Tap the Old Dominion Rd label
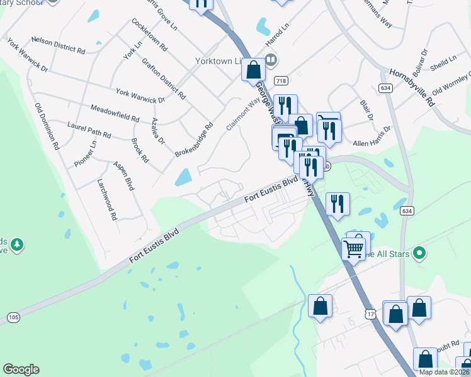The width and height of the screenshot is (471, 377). coord(47,126)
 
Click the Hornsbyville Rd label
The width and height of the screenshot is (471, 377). coord(412,85)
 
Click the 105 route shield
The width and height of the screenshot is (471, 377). coord(13,318)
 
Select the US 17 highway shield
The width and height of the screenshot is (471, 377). coord(370,312)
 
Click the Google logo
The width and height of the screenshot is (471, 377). coord(21,369)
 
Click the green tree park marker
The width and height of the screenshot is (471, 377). coord(18,244)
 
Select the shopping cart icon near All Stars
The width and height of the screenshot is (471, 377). coord(353,249)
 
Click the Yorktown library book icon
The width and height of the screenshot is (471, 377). coord(270,61)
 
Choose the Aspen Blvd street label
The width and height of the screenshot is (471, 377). coord(123,175)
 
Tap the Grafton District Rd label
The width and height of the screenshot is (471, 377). coord(164,78)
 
